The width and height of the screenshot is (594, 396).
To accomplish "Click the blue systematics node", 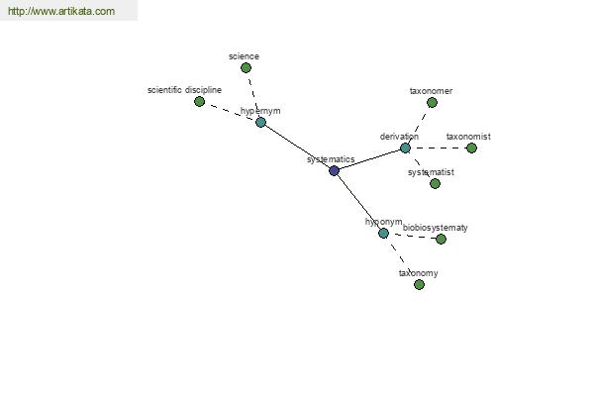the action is (334, 171).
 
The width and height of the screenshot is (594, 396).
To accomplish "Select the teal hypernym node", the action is (260, 123).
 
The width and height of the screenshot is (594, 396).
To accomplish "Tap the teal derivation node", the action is (405, 148).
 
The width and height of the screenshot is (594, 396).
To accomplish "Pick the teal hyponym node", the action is (383, 233).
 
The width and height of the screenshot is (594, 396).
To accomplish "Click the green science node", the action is (246, 68).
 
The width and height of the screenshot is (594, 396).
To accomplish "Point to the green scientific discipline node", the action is (199, 102).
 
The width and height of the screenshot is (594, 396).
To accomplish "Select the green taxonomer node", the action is (432, 102).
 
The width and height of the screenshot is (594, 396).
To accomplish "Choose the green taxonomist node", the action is (471, 148).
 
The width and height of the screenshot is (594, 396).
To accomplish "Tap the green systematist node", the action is (435, 184).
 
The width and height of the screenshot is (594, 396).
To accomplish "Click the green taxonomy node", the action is (419, 284).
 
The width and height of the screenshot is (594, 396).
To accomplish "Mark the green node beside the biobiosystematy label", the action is (441, 240).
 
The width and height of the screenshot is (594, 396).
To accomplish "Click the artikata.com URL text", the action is (61, 11).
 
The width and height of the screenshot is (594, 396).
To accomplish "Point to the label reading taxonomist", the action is (468, 137).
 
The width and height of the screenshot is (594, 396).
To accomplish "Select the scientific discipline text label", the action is (184, 90).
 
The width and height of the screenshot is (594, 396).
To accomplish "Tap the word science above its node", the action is (244, 56).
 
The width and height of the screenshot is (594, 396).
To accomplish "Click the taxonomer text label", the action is (431, 91).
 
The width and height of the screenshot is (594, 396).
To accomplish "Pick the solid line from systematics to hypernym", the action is (297, 147).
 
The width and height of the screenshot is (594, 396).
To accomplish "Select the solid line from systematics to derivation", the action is (369, 159).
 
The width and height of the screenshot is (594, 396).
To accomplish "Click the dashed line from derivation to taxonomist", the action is (439, 148).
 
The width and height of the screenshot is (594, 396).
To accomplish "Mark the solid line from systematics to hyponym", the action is (358, 202).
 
